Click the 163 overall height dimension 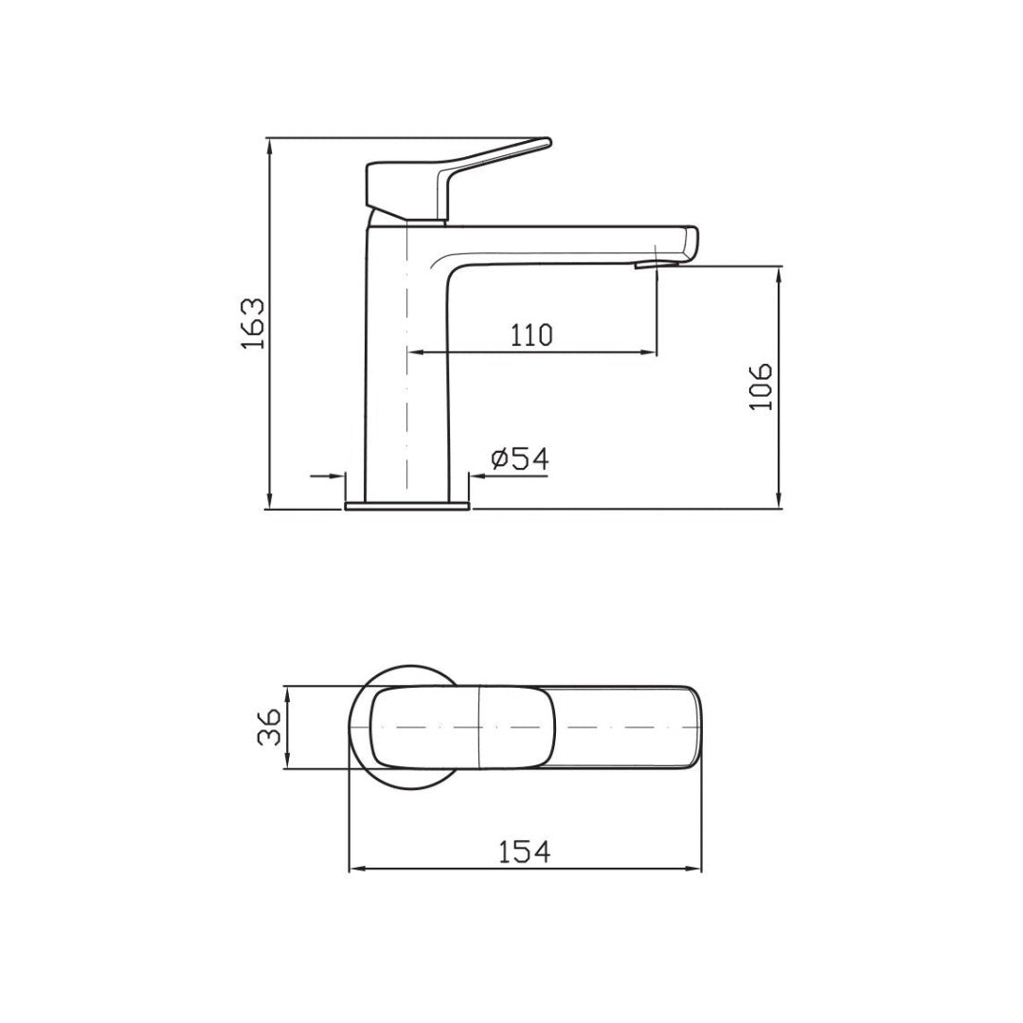pyautogui.click(x=252, y=324)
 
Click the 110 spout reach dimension pyautogui.click(x=530, y=333)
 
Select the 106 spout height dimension pyautogui.click(x=762, y=386)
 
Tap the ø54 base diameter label pyautogui.click(x=520, y=458)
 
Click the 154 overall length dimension pyautogui.click(x=524, y=851)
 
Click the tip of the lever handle pyautogui.click(x=544, y=143)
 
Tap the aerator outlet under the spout pyautogui.click(x=646, y=264)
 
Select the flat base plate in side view pyautogui.click(x=407, y=506)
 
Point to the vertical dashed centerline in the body pyautogui.click(x=406, y=360)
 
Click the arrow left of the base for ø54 pyautogui.click(x=336, y=476)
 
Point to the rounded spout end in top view pyautogui.click(x=699, y=727)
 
